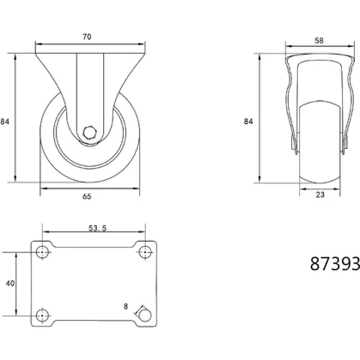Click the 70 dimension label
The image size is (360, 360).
pos(87,37)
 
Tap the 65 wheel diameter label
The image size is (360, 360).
pos(87,197)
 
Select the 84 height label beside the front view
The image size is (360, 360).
pos(4,122)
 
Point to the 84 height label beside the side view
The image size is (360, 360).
pos(248,122)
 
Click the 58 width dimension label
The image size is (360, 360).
pos(319,41)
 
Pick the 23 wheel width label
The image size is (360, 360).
pos(320,194)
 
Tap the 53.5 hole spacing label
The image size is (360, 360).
pos(97,228)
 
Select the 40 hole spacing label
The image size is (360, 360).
pos(10,284)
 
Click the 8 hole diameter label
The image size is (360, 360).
pos(126,306)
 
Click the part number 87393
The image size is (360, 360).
pos(335,264)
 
